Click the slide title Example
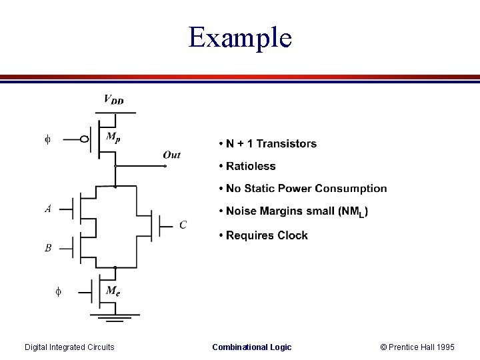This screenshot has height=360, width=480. (x=240, y=37)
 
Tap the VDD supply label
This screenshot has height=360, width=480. (x=113, y=100)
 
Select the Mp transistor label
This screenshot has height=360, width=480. (x=114, y=137)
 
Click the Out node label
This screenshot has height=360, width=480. (x=171, y=155)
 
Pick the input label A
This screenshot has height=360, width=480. (x=48, y=209)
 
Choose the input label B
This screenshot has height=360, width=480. (x=48, y=248)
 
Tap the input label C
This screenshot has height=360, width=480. (x=183, y=225)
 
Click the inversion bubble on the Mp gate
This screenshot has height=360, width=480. (x=85, y=139)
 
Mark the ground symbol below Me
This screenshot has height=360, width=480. (x=115, y=317)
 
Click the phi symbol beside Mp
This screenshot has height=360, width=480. (x=47, y=139)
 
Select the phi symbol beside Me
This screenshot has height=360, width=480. (x=58, y=291)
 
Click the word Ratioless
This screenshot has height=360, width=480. (x=251, y=166)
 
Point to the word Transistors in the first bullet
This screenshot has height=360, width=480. (x=286, y=143)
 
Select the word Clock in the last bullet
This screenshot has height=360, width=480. (x=292, y=235)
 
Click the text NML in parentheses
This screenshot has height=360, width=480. (x=353, y=212)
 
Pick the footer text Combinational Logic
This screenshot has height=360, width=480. (x=251, y=347)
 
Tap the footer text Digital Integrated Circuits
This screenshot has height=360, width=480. (x=69, y=347)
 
